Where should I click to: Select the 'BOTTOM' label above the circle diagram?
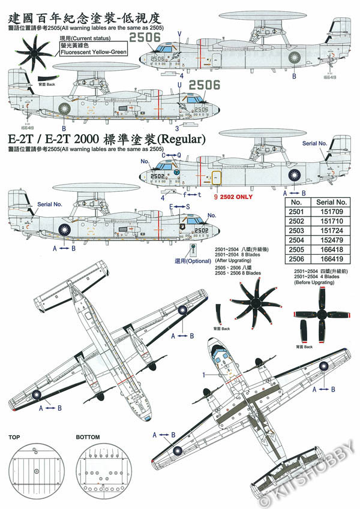[88, 438]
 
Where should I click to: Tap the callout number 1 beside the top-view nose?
[203, 374]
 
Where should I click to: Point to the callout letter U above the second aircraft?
[179, 85]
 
